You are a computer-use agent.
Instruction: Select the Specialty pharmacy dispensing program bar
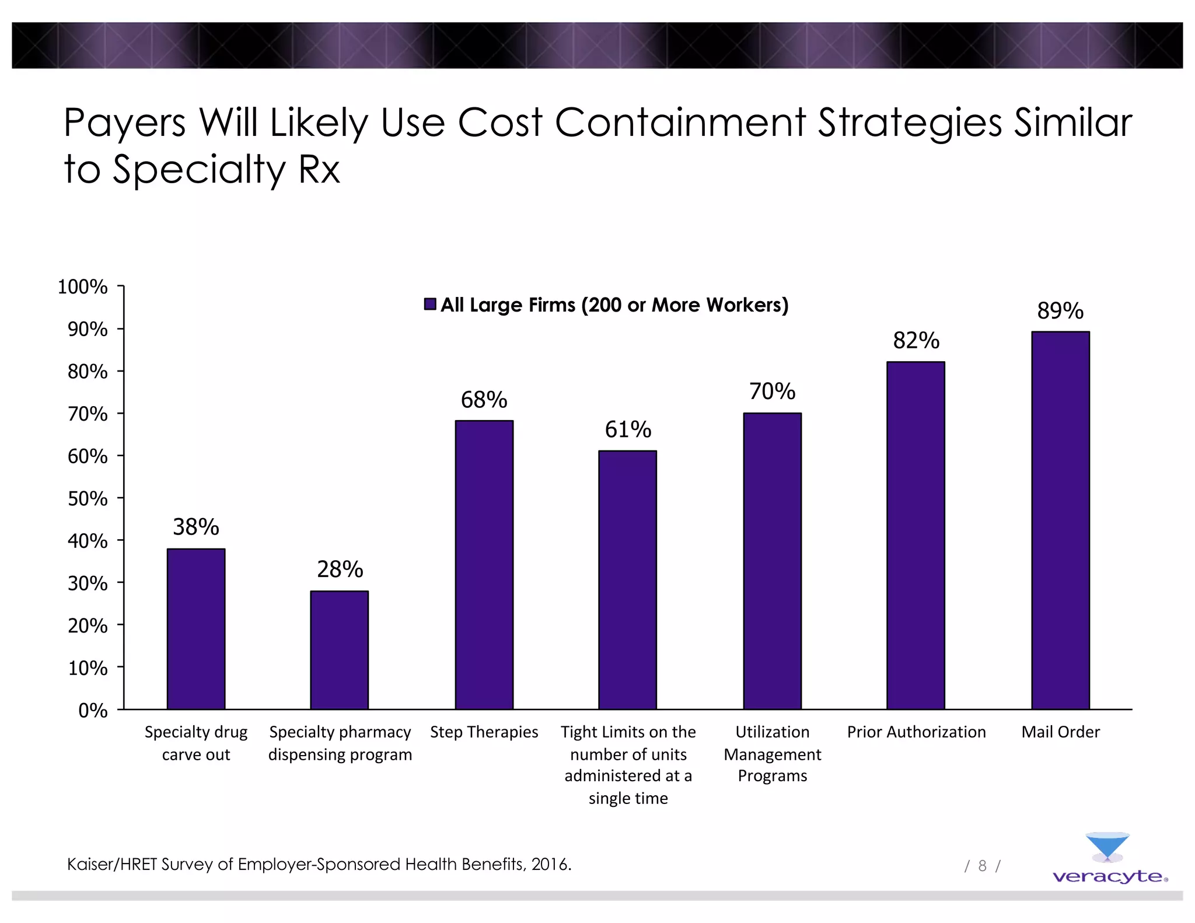coord(340,650)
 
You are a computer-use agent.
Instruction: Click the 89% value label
coord(1060,311)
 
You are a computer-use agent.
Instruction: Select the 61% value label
coord(628,430)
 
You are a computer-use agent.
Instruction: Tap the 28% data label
coord(340,569)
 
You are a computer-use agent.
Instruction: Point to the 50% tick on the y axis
coord(88,499)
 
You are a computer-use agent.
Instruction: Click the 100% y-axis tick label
coord(83,287)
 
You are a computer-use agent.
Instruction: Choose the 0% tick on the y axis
coord(93,711)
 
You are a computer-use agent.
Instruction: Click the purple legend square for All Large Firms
coord(430,305)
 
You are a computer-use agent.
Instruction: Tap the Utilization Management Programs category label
coord(772,754)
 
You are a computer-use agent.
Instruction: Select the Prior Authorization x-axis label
coord(916,732)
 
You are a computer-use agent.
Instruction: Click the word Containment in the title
coord(680,123)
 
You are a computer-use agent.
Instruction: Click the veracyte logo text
coord(1107,877)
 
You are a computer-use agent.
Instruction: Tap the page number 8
coord(982,866)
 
